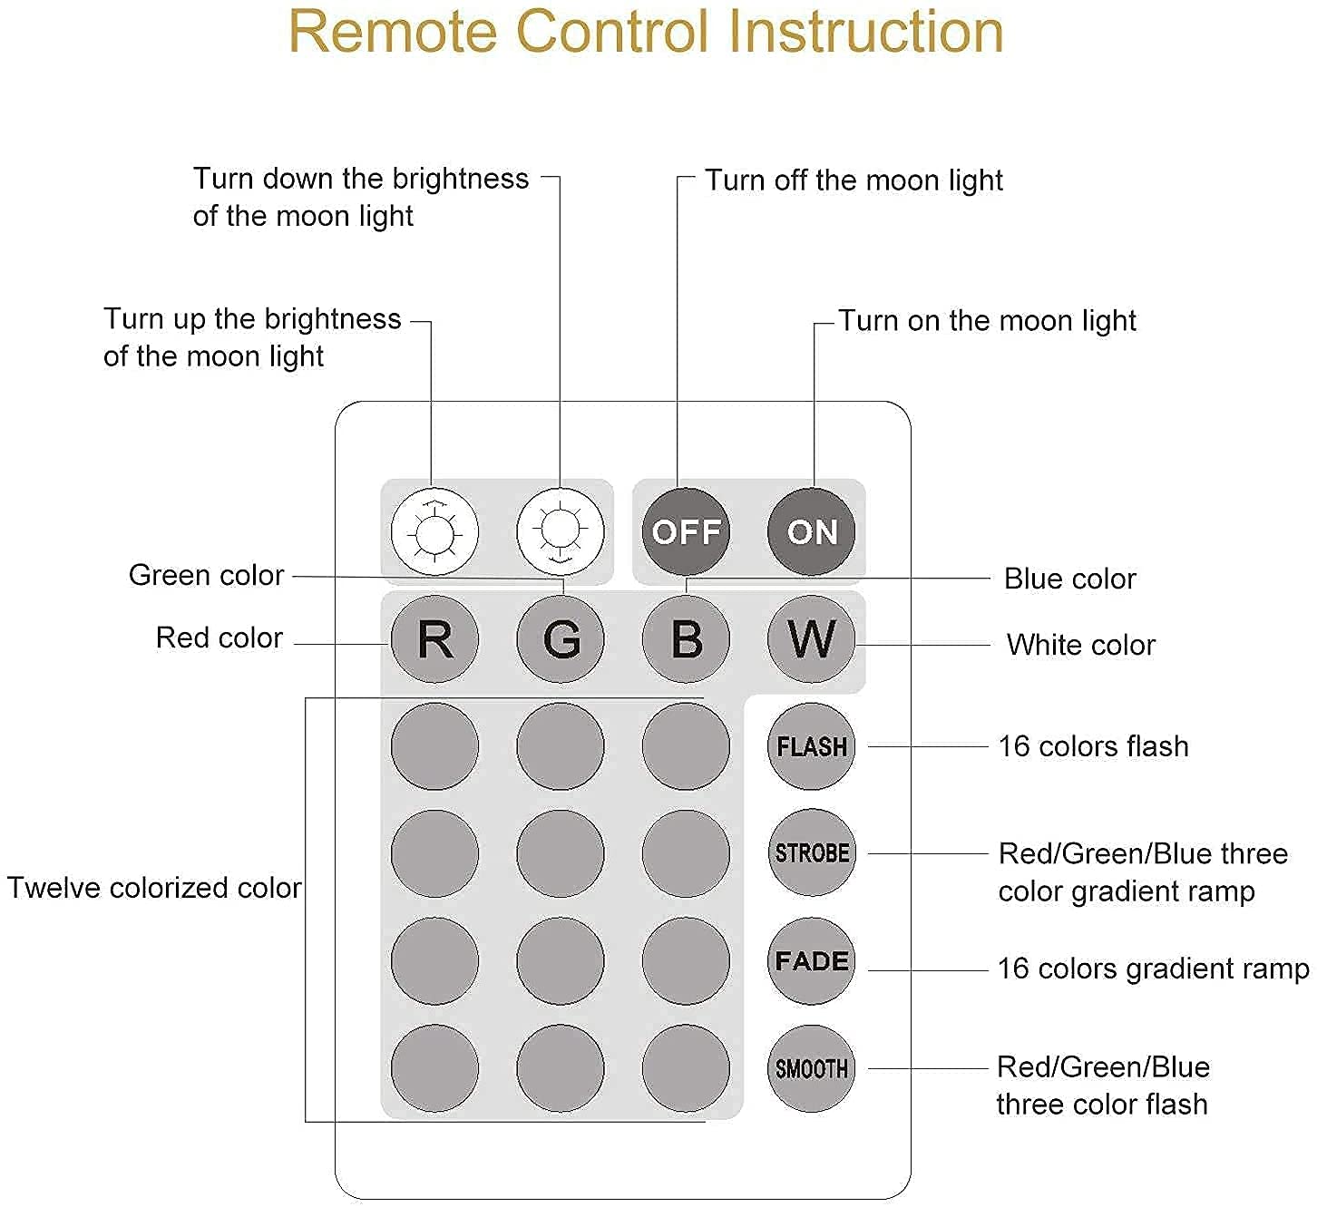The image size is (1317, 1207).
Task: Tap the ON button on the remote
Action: tap(812, 531)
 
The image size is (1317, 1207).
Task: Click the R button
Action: tap(434, 639)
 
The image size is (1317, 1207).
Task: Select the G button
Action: tap(560, 639)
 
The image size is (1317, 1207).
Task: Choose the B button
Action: tap(686, 639)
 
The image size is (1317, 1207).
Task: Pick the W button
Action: tap(812, 639)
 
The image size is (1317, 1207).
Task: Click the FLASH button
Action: tap(812, 746)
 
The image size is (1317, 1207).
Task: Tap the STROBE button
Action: tap(812, 853)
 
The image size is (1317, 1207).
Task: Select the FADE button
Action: tap(812, 960)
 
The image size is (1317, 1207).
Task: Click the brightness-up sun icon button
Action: tap(434, 531)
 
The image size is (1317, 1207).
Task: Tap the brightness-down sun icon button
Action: tap(560, 531)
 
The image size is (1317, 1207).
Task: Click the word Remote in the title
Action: tap(393, 32)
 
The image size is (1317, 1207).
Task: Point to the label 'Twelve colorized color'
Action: tap(154, 888)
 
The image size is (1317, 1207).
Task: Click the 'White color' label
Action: tap(1080, 645)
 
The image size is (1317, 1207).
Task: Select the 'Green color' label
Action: tap(206, 575)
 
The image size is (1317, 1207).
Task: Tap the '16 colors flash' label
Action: tap(1093, 746)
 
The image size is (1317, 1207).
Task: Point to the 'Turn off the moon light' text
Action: tap(854, 180)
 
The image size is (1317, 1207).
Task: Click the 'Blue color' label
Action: tap(1070, 579)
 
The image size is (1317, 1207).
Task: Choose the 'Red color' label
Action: tap(219, 638)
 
